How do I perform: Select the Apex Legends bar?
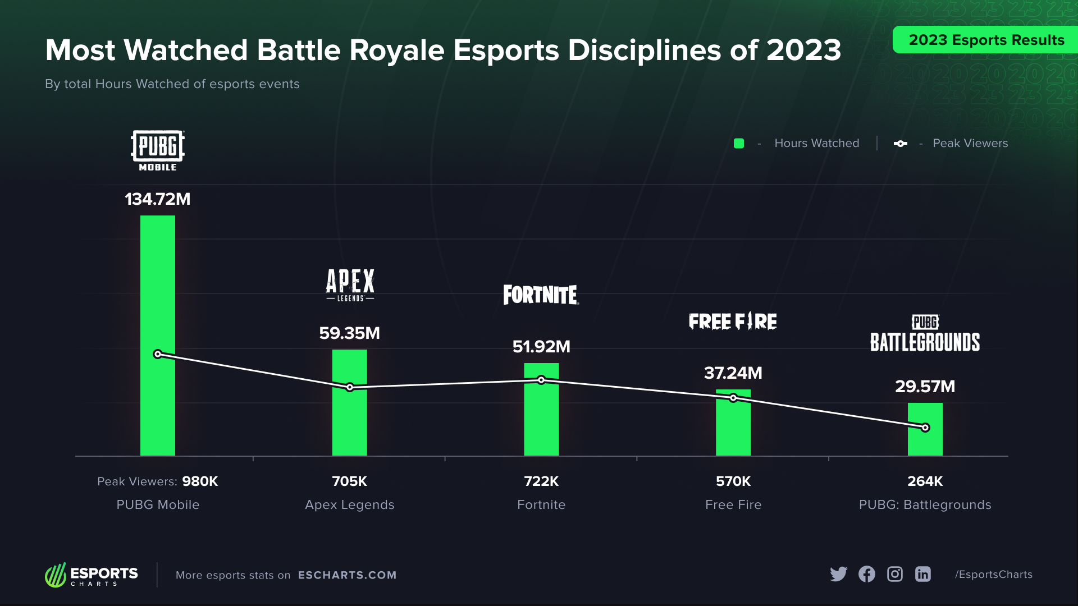click(x=349, y=421)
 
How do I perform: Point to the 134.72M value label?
click(x=157, y=199)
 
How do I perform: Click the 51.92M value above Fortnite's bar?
click(x=541, y=347)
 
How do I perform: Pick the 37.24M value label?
click(x=733, y=373)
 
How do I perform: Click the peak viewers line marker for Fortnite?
click(x=541, y=380)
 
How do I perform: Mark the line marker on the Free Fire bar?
click(x=733, y=398)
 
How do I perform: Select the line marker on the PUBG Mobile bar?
click(x=158, y=354)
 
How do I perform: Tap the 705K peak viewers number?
click(x=349, y=481)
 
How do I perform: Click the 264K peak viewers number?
click(x=925, y=481)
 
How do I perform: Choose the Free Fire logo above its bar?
click(x=733, y=322)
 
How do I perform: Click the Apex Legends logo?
click(x=350, y=285)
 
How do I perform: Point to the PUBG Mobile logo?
click(x=158, y=150)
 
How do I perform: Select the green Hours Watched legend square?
click(x=739, y=144)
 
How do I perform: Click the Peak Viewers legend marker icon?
click(x=900, y=144)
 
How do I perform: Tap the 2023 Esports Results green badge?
click(x=986, y=40)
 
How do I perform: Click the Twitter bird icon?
click(x=838, y=574)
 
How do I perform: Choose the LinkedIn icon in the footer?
click(x=923, y=574)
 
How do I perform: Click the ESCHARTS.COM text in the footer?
click(x=347, y=575)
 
